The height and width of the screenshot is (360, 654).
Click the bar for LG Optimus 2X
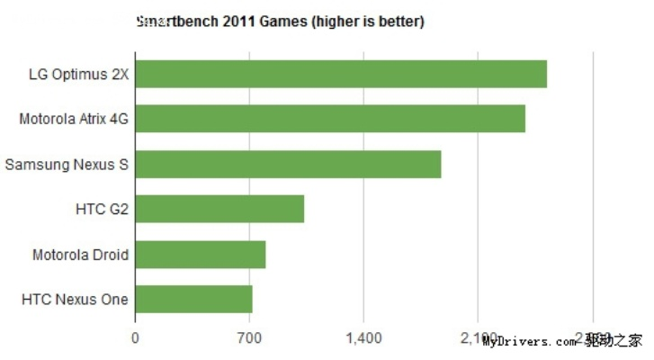(341, 74)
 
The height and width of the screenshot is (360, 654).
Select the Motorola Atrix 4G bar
(330, 119)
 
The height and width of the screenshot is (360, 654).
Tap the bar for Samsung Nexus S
(288, 165)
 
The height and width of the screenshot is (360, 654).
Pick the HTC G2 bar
(219, 210)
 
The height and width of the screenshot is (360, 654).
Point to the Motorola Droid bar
(201, 255)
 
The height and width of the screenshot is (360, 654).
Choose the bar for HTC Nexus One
(193, 300)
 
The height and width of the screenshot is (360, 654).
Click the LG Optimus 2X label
(79, 75)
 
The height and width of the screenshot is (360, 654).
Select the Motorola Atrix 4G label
(75, 120)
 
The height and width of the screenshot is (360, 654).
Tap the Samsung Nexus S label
(67, 165)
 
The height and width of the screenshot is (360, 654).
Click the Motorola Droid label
(81, 255)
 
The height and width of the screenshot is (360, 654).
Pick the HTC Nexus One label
(76, 300)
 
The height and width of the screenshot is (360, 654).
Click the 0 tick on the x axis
(135, 338)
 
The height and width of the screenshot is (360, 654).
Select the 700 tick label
(249, 338)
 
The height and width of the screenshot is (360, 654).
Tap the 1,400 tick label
(363, 338)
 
